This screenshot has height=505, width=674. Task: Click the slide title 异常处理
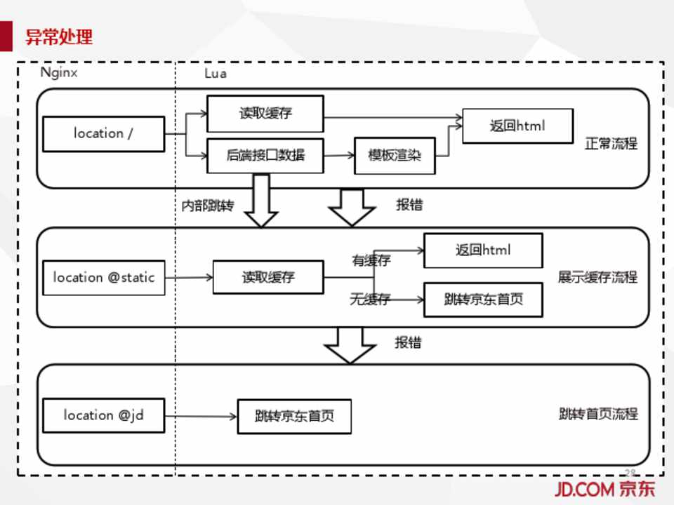(59, 36)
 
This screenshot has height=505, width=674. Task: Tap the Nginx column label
(58, 72)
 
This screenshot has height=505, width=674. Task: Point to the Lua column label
(215, 73)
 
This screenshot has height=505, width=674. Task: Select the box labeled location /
(103, 133)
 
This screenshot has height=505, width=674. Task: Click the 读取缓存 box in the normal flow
(265, 113)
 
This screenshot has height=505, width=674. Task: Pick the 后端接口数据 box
(265, 155)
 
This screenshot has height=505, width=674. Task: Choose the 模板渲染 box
(394, 155)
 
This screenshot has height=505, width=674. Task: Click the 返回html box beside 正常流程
(517, 126)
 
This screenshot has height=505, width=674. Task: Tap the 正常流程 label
(611, 144)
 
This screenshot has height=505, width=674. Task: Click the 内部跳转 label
(208, 206)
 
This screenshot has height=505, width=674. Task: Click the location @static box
(103, 277)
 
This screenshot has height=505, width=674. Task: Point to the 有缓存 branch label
(371, 260)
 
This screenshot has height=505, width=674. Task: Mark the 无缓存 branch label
(370, 300)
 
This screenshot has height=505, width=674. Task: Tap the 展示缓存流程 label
(597, 277)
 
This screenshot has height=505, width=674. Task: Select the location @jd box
(103, 415)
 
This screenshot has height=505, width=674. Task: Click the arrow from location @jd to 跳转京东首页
(201, 417)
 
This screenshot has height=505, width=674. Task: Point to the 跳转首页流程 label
(598, 414)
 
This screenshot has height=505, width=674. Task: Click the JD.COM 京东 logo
(604, 489)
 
